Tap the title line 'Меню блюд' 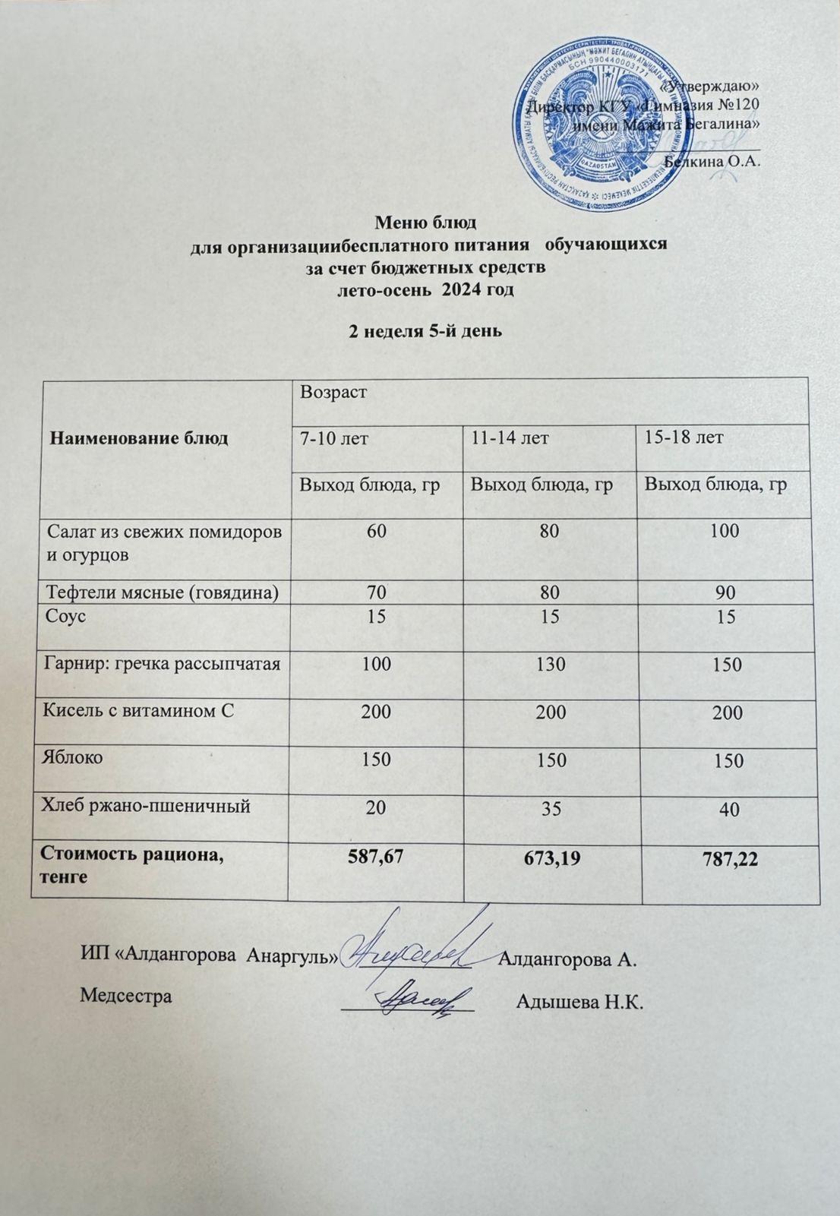[425, 223]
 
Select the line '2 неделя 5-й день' [425, 331]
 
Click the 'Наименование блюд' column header [139, 438]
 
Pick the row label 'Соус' [66, 616]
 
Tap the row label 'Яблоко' [75, 757]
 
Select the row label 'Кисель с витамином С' [136, 711]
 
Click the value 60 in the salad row [376, 531]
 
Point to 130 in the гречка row [550, 665]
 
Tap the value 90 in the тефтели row [726, 592]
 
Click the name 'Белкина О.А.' [712, 161]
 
